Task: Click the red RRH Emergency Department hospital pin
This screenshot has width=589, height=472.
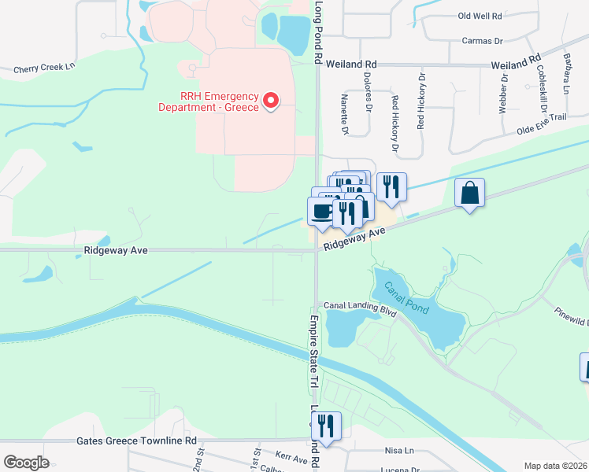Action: (270, 100)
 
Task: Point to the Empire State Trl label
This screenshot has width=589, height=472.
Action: (313, 351)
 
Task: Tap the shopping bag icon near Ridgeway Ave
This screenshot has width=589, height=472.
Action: (469, 193)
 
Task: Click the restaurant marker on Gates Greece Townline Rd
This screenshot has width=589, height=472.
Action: (326, 425)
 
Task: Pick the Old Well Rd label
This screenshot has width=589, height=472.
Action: (480, 16)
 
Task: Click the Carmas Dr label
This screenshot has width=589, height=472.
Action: (483, 40)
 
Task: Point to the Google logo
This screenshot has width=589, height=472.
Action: (26, 462)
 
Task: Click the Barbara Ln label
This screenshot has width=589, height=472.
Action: (566, 73)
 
